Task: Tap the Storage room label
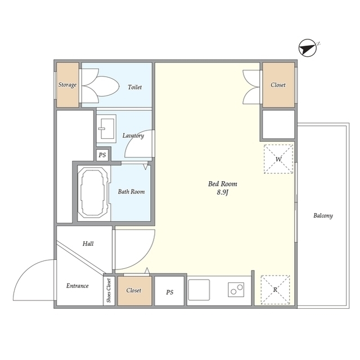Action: coord(67,85)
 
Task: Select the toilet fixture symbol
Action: coord(101,87)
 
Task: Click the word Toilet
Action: coord(134,87)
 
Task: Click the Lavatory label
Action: coord(133,136)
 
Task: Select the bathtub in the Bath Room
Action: coord(93,191)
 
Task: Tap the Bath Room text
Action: coord(131,192)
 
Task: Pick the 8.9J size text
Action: coord(223,193)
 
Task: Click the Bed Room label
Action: coord(223,184)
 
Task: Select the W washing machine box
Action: coord(278,159)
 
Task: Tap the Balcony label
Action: coord(323,215)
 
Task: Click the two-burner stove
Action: coord(235,290)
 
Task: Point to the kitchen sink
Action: coord(199,290)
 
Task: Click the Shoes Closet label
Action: coord(109,291)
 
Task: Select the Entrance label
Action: coord(78,286)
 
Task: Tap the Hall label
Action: coord(88,244)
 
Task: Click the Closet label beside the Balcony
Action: coord(278,85)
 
